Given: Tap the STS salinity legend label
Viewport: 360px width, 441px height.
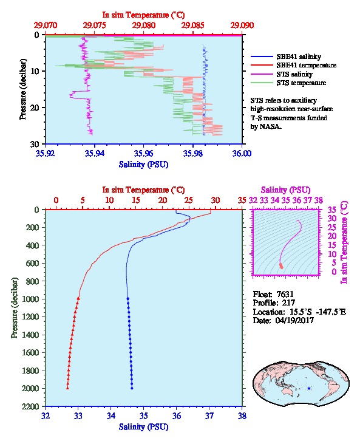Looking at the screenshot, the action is click(x=294, y=74).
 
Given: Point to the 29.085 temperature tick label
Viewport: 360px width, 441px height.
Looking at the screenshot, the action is click(x=193, y=26).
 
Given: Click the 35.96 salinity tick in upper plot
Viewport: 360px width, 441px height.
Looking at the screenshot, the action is click(x=144, y=153).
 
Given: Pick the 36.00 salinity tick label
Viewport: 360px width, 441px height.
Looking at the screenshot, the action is click(x=242, y=153).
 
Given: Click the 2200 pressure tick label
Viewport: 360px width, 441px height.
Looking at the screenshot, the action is click(x=31, y=406).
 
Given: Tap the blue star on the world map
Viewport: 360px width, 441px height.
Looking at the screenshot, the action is click(x=309, y=388).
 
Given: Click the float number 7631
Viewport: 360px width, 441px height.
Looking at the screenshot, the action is click(x=285, y=294).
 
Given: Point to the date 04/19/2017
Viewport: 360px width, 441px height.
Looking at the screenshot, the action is click(x=294, y=320).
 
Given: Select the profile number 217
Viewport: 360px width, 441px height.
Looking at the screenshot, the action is click(x=288, y=303).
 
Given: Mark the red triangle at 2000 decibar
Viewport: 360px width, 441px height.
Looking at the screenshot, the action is click(x=67, y=388).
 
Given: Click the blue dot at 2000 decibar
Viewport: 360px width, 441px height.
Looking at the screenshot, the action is click(x=132, y=388).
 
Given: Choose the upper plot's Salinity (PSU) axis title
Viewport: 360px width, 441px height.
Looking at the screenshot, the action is click(x=144, y=164).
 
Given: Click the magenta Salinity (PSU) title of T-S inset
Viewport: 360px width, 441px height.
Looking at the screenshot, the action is click(x=285, y=190).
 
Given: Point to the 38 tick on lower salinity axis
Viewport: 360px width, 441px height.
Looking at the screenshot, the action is click(x=242, y=415).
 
